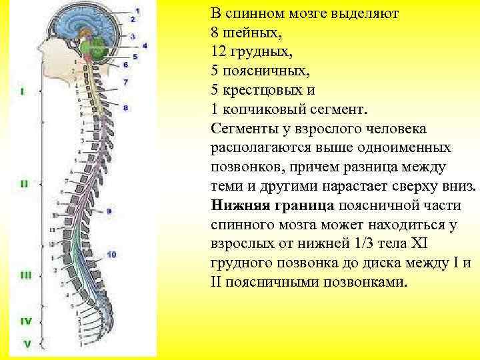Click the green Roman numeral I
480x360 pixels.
(24, 91)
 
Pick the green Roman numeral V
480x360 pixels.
(27, 345)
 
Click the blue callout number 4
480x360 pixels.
(144, 45)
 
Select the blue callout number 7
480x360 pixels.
(125, 82)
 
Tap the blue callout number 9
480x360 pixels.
(108, 211)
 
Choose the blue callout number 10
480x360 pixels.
(111, 254)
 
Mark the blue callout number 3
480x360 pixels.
(133, 36)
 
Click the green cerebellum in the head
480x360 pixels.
(99, 48)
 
